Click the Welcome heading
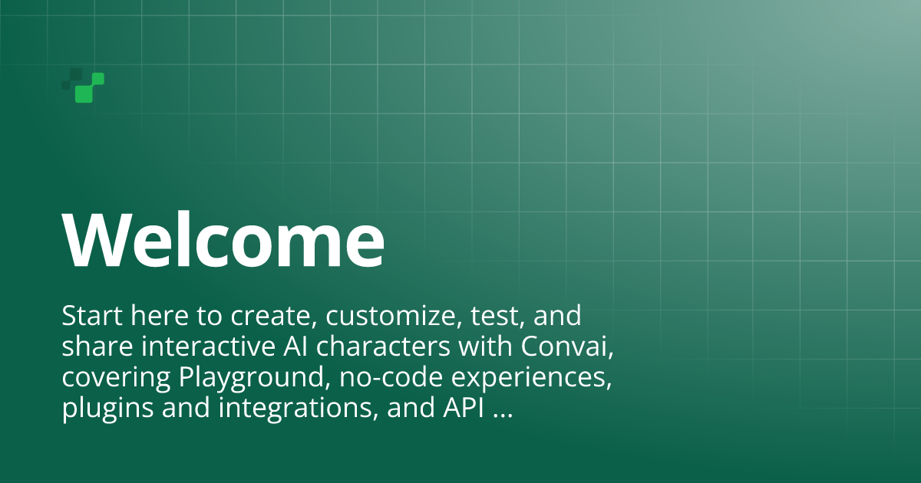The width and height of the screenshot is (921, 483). (x=223, y=239)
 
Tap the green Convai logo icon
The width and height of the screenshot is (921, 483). (x=83, y=85)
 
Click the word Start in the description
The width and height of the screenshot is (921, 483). (x=92, y=315)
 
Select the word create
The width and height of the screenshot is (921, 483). (x=270, y=316)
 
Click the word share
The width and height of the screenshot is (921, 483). (x=97, y=347)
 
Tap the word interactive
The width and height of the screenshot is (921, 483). (x=208, y=347)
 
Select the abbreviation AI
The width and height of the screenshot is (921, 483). (x=295, y=347)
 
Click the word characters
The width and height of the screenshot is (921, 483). (x=383, y=347)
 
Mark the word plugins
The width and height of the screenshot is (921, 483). (x=107, y=408)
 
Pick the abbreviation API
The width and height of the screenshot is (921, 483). (x=464, y=408)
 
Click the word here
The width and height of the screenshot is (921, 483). (x=160, y=315)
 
